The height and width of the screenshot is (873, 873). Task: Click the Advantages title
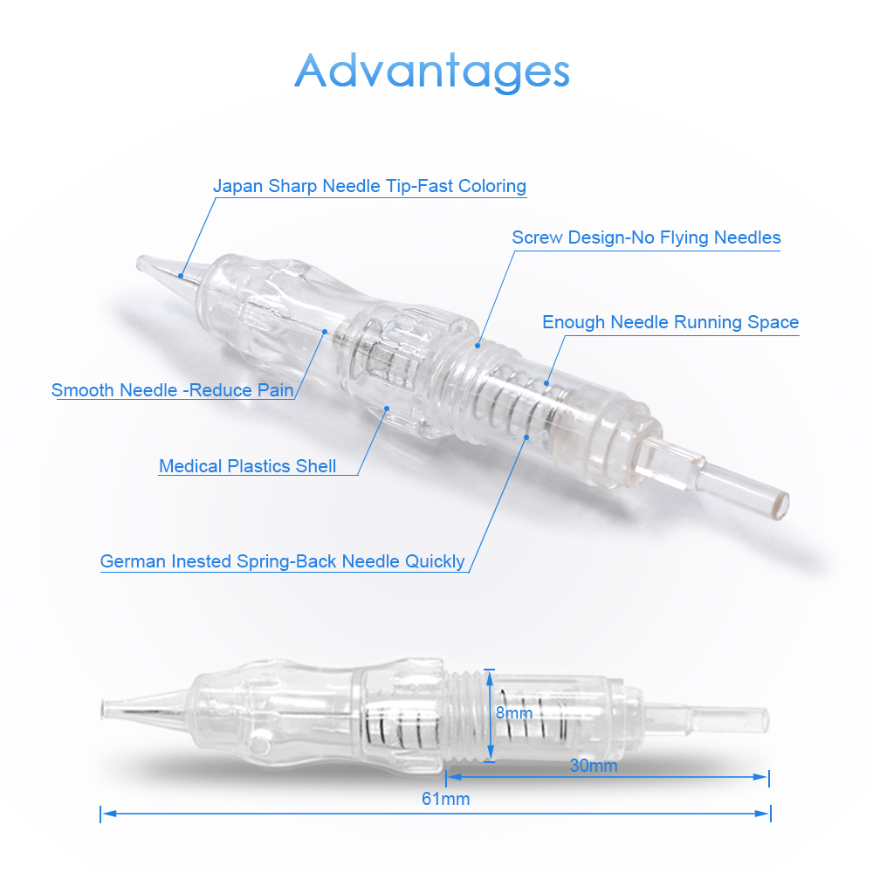pyautogui.click(x=432, y=72)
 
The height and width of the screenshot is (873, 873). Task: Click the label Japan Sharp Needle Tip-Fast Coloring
pyautogui.click(x=369, y=186)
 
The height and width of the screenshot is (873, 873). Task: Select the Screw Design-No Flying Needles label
pyautogui.click(x=646, y=237)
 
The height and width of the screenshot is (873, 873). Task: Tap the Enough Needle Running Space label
pyautogui.click(x=670, y=322)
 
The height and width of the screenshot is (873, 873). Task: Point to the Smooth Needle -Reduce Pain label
pyautogui.click(x=173, y=390)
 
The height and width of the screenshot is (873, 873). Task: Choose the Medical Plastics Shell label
pyautogui.click(x=248, y=466)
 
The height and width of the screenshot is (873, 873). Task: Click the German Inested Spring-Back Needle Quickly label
pyautogui.click(x=282, y=561)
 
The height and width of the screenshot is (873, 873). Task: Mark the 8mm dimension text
pyautogui.click(x=514, y=713)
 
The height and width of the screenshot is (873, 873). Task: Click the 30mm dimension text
pyautogui.click(x=594, y=766)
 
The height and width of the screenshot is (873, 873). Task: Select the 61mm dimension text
pyautogui.click(x=445, y=800)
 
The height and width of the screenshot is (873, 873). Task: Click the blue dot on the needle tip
pyautogui.click(x=181, y=276)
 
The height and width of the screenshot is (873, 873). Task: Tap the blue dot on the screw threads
pyautogui.click(x=478, y=346)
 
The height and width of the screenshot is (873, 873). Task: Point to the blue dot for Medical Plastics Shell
pyautogui.click(x=387, y=409)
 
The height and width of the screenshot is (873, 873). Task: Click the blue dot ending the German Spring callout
pyautogui.click(x=526, y=437)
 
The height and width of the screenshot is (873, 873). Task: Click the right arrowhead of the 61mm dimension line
pyautogui.click(x=763, y=814)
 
